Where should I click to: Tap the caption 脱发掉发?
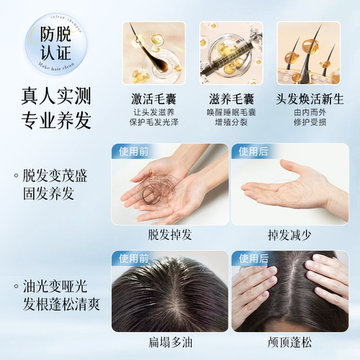pos(169,235)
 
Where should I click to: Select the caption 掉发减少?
pos(289,235)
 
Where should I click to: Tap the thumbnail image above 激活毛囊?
pos(153,53)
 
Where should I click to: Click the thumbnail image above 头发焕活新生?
pos(308,53)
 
